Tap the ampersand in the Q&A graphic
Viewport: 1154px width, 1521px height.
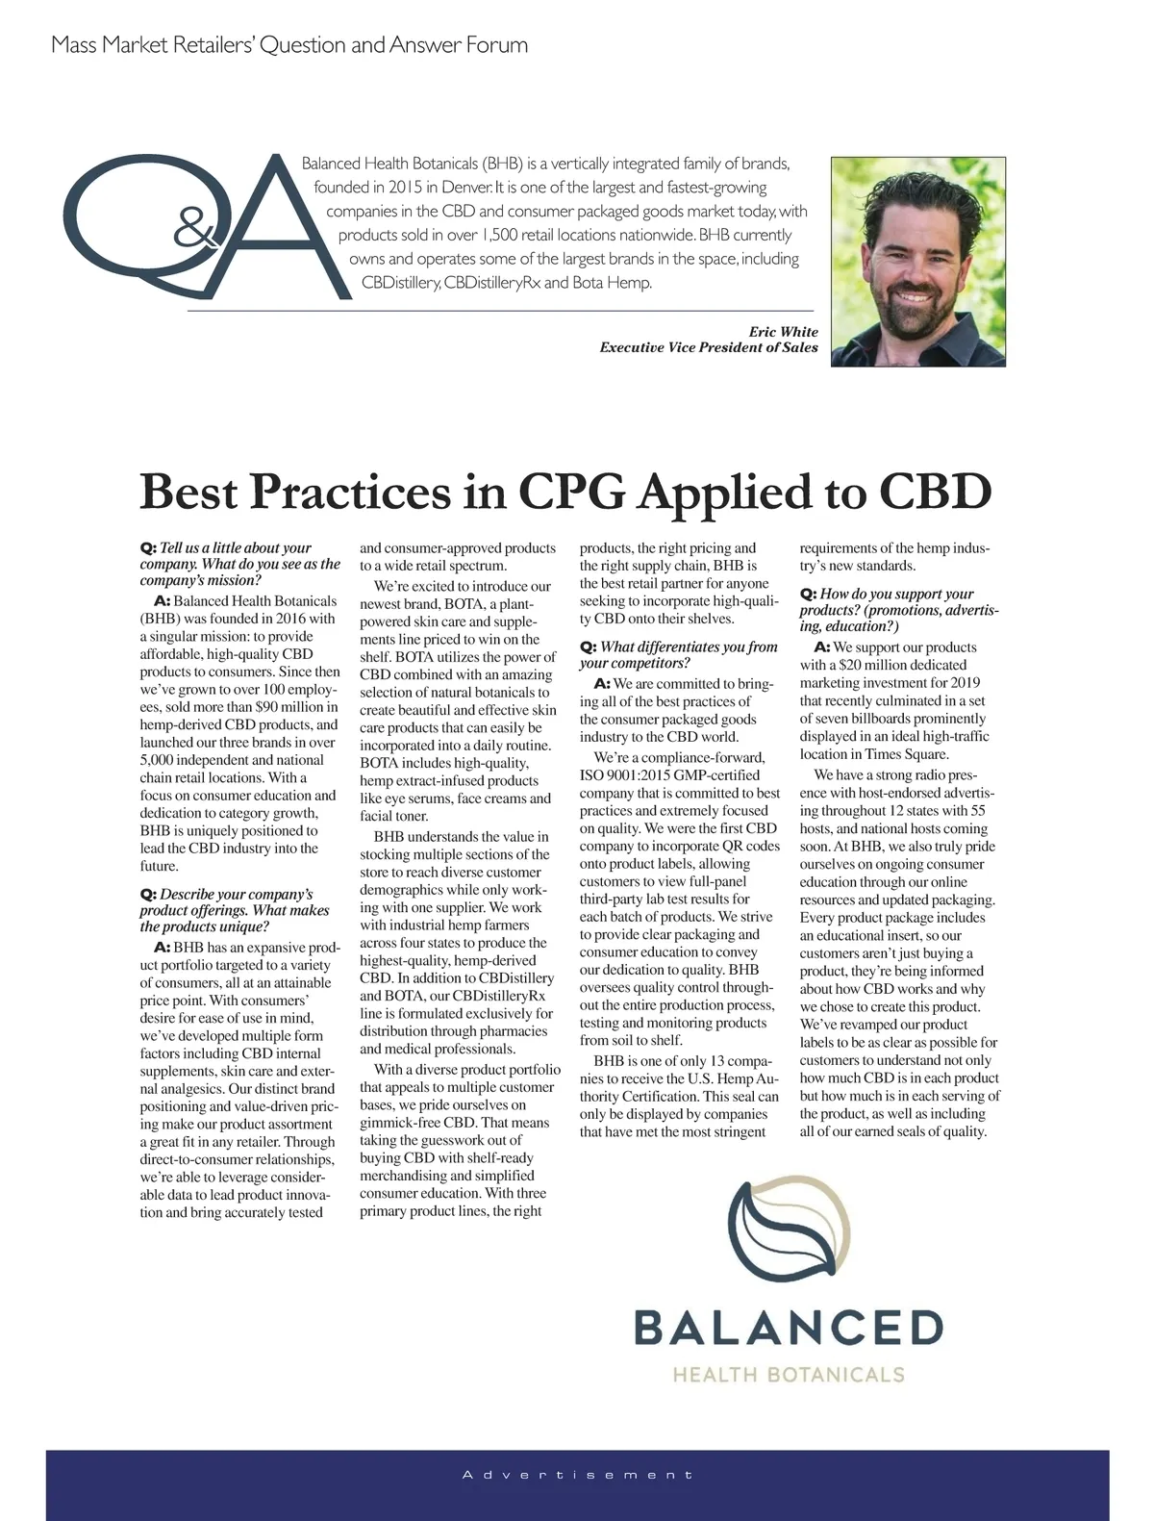[195, 232]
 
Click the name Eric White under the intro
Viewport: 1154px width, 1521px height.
[783, 332]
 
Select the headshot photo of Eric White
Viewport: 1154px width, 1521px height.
[917, 262]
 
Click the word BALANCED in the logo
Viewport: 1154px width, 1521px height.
[789, 1329]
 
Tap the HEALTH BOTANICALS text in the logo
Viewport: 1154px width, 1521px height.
[789, 1375]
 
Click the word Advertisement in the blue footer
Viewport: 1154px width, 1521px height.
[577, 1475]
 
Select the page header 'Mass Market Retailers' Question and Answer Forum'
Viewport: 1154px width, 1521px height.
[289, 45]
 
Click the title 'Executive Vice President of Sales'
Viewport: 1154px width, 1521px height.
[709, 348]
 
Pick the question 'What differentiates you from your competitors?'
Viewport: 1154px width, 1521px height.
[679, 654]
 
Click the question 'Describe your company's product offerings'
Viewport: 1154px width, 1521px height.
[235, 910]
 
